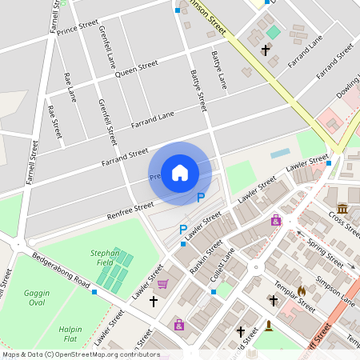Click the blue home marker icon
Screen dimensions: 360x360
[180, 173]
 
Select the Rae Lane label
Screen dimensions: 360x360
[70, 87]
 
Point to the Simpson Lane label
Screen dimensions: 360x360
[336, 288]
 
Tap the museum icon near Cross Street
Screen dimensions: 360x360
[342, 208]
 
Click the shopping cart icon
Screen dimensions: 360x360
[162, 283]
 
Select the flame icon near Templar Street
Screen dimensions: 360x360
[302, 290]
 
